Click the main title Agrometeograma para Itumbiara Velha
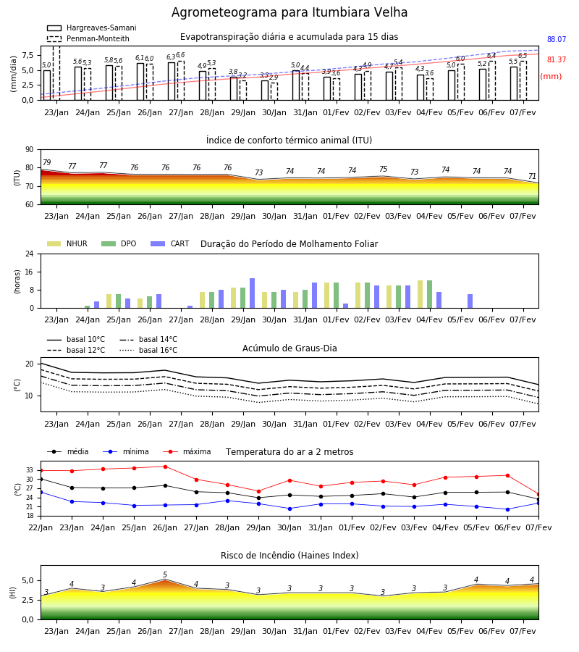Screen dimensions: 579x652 (x=289, y=12)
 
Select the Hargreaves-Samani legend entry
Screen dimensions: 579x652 (x=92, y=28)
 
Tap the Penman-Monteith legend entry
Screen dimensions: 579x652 (x=88, y=38)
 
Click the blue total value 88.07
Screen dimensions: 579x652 (x=557, y=40)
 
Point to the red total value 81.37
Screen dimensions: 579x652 (x=557, y=60)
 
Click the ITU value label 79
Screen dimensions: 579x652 (x=47, y=162)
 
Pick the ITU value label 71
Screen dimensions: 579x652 (x=532, y=176)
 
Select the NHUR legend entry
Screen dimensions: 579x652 (x=67, y=243)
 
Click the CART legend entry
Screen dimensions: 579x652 (x=170, y=243)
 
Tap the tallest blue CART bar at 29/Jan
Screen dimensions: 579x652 (x=252, y=293)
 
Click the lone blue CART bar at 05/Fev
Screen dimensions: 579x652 (x=470, y=301)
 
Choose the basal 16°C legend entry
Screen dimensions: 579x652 (x=148, y=350)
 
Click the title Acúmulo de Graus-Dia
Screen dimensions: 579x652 (x=289, y=348)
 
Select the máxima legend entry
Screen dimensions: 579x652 (x=187, y=451)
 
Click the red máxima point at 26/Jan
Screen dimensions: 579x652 (x=165, y=467)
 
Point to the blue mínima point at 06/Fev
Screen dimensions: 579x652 (x=507, y=509)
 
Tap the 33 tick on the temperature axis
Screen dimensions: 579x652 (x=30, y=470)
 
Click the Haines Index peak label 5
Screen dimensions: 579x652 (x=165, y=574)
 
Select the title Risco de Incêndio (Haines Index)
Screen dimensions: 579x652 (x=289, y=556)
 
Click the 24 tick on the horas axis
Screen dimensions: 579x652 (x=30, y=254)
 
